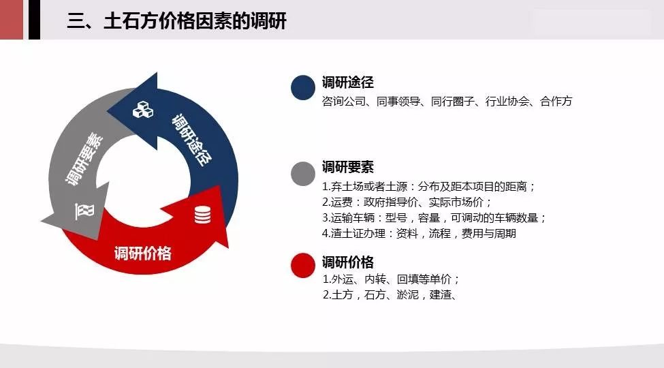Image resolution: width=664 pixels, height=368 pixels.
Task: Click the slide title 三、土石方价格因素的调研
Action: (176, 20)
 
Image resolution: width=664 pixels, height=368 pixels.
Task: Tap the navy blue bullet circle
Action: (303, 88)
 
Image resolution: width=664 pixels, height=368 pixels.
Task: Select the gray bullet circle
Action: (303, 174)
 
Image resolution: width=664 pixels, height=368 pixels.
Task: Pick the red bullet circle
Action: (303, 265)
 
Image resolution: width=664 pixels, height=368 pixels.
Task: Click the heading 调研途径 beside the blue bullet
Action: (348, 82)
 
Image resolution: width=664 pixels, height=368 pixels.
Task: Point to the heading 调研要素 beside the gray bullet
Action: (348, 167)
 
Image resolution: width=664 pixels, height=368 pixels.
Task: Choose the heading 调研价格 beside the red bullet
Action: (348, 262)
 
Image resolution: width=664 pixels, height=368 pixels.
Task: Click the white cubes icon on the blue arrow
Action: (143, 110)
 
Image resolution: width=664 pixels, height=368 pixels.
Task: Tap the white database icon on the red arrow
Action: (202, 215)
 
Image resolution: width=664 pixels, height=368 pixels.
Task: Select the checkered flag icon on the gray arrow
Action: (84, 211)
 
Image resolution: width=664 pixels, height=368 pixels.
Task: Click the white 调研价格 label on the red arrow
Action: (143, 253)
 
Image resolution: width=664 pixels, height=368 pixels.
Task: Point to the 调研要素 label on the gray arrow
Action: (84, 159)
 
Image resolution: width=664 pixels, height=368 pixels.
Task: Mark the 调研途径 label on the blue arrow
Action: (192, 140)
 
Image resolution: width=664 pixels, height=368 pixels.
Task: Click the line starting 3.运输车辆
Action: (434, 217)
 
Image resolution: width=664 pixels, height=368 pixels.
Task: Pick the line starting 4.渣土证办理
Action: (419, 233)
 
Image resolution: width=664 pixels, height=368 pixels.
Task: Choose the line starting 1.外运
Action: (391, 279)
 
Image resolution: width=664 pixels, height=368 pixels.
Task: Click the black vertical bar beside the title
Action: (34, 20)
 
